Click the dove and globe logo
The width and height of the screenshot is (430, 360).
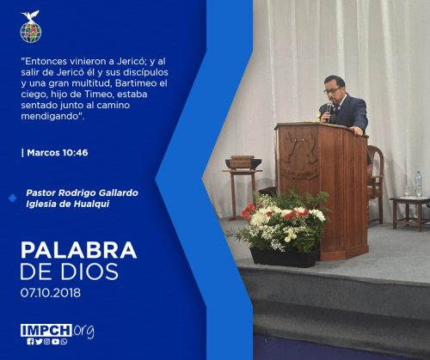pos(31,27)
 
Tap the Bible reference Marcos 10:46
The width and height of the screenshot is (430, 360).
pos(58,153)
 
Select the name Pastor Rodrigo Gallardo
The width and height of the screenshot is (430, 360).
pos(82,192)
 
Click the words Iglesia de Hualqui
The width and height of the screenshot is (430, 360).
pos(68,204)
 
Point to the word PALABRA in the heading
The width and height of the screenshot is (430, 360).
pos(78,250)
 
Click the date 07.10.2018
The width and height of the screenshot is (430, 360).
pos(51,293)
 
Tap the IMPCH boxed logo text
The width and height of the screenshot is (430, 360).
pos(46,330)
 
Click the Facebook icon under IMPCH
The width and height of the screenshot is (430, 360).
pos(30,341)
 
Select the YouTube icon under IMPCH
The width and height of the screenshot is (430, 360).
pos(56,341)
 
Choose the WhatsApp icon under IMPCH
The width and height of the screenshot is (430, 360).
pos(64,341)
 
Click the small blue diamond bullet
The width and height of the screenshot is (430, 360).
pos(13,198)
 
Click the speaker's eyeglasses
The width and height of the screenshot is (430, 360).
pos(332,91)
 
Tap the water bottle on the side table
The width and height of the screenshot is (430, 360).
pos(419,184)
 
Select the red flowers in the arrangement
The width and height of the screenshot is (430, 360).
pos(293,214)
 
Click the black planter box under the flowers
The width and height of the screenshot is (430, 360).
pos(285,258)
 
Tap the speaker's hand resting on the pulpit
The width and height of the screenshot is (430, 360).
pos(358,131)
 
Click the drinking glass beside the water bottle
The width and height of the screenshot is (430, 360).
pos(407,192)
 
